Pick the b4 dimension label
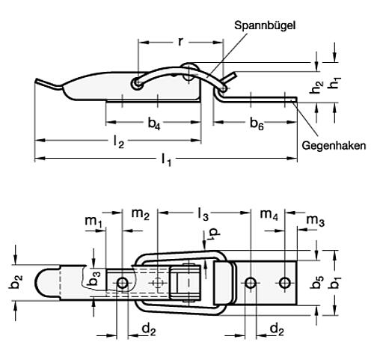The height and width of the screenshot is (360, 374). (x=153, y=123)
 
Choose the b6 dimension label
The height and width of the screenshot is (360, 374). (x=256, y=123)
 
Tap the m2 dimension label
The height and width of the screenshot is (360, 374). (x=141, y=216)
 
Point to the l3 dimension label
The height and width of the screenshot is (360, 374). (x=203, y=216)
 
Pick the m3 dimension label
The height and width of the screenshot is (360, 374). (x=316, y=222)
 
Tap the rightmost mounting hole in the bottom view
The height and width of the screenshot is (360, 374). (x=284, y=282)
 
